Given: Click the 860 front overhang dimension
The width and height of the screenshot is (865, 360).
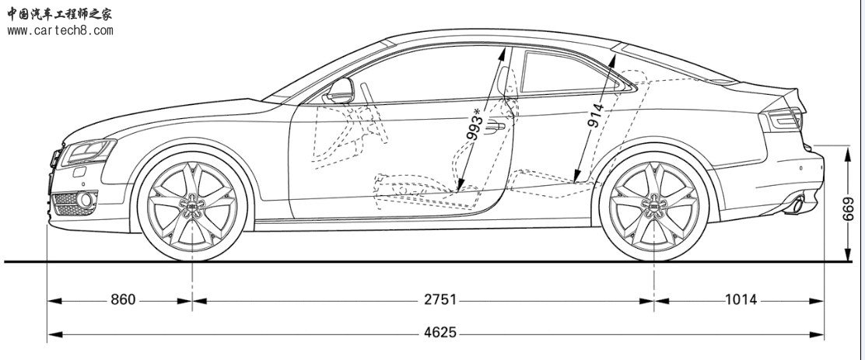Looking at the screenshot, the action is tap(123, 300).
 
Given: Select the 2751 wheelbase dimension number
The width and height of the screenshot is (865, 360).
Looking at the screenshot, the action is tap(440, 300).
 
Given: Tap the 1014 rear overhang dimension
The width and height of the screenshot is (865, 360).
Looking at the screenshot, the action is tap(741, 300).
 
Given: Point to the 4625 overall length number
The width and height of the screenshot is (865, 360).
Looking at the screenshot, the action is tap(440, 333).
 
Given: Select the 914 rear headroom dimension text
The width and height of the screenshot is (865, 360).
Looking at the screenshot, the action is tap(596, 114).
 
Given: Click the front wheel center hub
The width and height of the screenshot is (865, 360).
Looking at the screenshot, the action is tap(192, 205).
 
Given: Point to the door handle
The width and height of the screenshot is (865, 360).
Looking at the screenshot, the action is tap(494, 127).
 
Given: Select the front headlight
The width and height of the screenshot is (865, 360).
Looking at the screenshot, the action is tap(88, 152).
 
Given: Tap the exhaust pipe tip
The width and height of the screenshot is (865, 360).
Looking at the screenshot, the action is tap(797, 205).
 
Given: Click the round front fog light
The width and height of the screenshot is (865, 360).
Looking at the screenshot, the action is tap(85, 200).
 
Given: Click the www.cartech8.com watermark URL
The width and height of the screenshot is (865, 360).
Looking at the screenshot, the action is tap(60, 30).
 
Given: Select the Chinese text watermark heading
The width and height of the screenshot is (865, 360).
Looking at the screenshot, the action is tap(60, 14).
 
